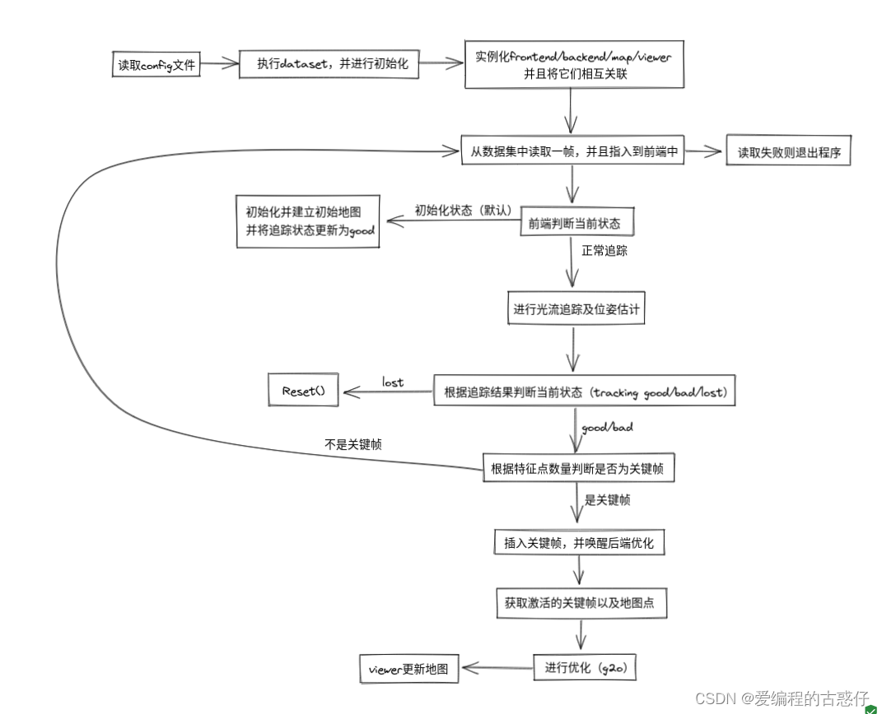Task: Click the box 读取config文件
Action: point(156,64)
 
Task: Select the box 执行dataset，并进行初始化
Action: point(329,64)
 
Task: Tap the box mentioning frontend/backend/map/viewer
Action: point(574,65)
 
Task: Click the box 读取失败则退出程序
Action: point(788,152)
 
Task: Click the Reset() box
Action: point(304,391)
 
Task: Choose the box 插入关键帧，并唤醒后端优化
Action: point(577,543)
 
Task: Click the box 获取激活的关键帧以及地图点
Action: point(580,603)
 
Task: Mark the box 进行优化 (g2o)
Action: point(586,667)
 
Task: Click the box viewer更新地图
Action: point(409,670)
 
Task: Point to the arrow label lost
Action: point(393,382)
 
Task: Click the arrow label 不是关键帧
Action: point(353,444)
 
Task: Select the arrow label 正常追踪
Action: point(604,251)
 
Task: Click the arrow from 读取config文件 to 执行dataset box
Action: point(217,63)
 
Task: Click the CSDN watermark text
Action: point(782,698)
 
